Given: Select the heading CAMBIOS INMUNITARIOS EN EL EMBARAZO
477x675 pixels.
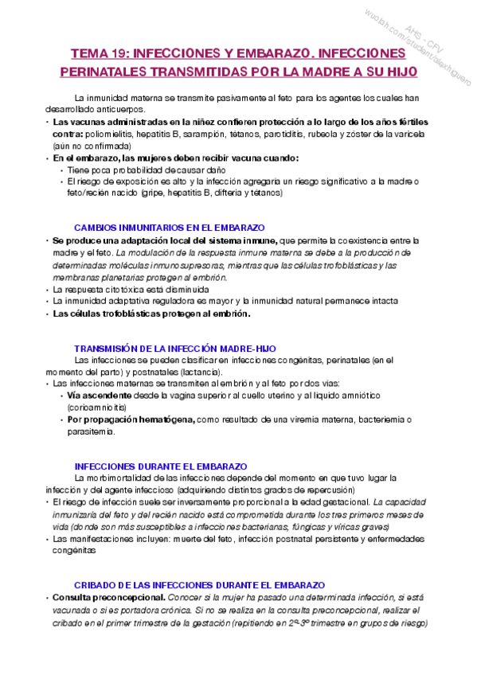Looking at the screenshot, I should (x=170, y=227).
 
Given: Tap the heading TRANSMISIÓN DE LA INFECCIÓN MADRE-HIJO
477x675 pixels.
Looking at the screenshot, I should (x=175, y=349).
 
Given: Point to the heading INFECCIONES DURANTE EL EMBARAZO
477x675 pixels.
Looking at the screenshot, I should (x=160, y=466).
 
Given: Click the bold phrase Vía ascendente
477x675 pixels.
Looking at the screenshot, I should (x=100, y=395).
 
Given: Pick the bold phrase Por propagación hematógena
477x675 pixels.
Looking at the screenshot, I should (x=131, y=419).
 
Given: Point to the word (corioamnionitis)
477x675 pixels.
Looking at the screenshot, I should (x=100, y=407).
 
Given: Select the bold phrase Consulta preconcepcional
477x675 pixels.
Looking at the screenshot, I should (x=109, y=598).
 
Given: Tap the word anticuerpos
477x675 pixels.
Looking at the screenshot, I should (x=119, y=108).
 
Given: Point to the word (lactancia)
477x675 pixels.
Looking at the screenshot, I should (x=201, y=372).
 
